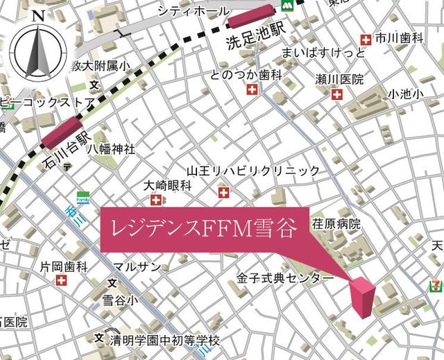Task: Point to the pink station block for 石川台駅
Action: click(x=62, y=132)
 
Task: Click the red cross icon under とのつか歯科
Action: click(x=252, y=89)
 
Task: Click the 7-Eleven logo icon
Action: click(x=434, y=283)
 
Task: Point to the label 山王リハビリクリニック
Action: click(x=253, y=171)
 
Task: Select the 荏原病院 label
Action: click(x=336, y=224)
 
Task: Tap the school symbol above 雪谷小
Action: click(x=112, y=282)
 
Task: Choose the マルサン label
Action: click(x=137, y=266)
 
